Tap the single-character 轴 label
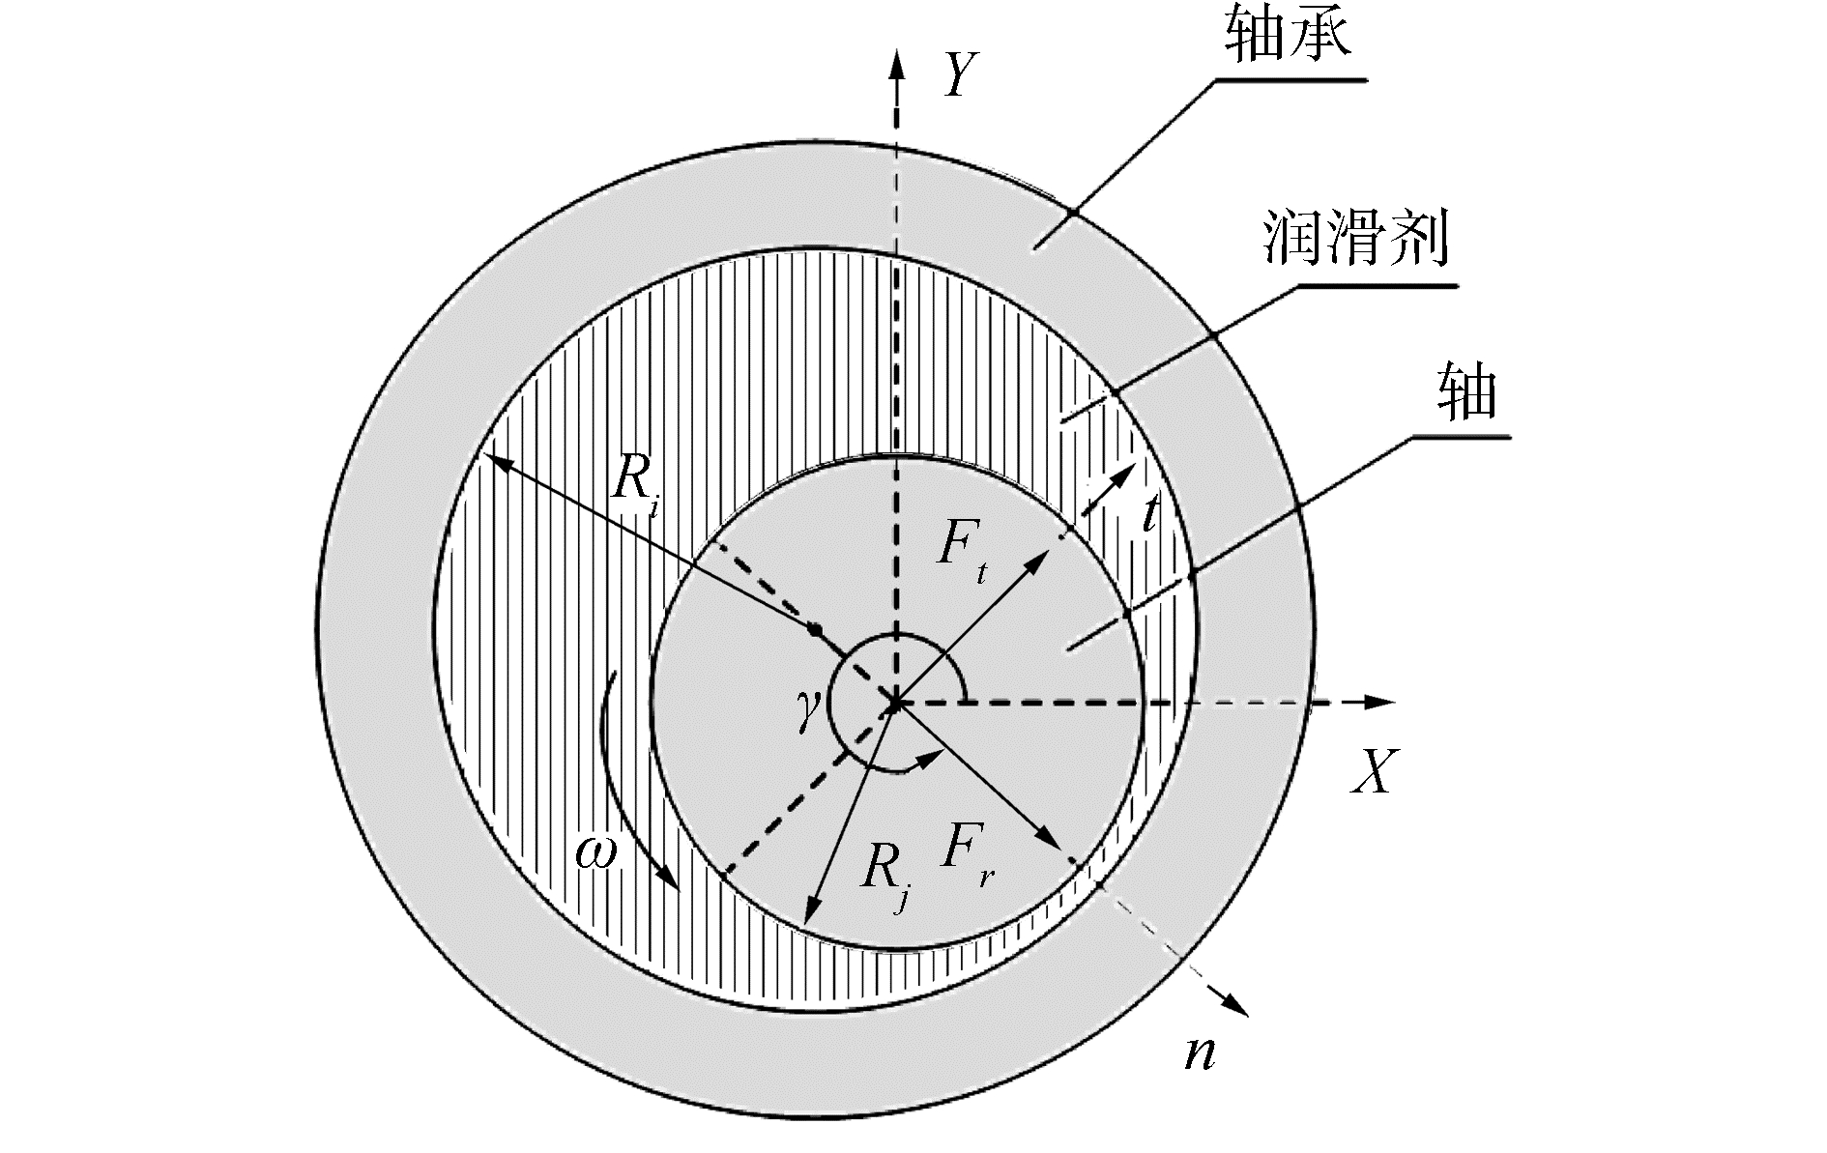(1466, 391)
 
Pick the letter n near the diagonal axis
(1200, 1052)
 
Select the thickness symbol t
(1149, 515)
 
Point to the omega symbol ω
(595, 852)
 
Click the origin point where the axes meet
(896, 703)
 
